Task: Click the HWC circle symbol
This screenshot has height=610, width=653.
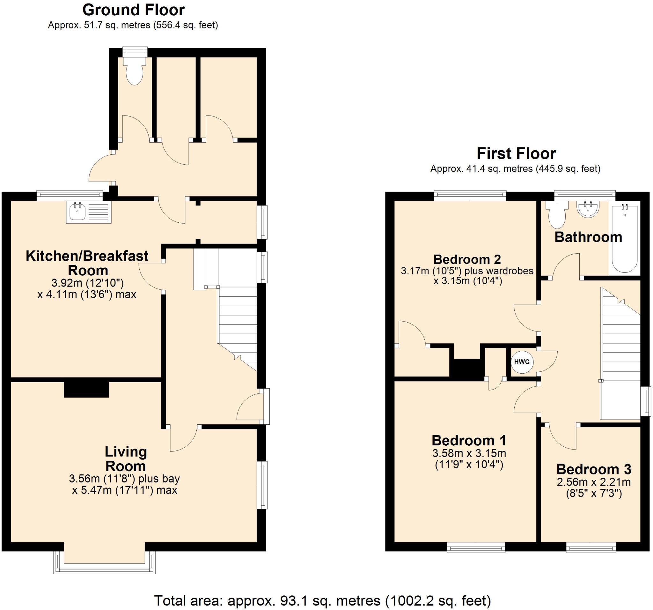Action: tap(522, 362)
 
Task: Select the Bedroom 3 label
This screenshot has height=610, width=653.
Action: tap(594, 469)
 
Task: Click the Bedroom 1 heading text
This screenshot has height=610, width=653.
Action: tap(469, 440)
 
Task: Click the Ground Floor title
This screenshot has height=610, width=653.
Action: tap(133, 10)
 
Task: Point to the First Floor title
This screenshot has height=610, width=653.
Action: tap(516, 153)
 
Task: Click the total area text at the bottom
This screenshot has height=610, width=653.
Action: tap(322, 600)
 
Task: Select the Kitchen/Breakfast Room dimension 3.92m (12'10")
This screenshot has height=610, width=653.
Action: tap(87, 283)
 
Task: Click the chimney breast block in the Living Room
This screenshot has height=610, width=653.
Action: tap(86, 390)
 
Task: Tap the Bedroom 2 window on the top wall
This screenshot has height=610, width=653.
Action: tap(470, 196)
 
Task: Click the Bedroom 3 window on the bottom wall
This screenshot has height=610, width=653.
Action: tap(591, 547)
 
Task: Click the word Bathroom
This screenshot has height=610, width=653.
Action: tap(588, 237)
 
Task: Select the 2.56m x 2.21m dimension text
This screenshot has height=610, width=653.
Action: tap(594, 482)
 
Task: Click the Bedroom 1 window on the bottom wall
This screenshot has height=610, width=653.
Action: tap(476, 547)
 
